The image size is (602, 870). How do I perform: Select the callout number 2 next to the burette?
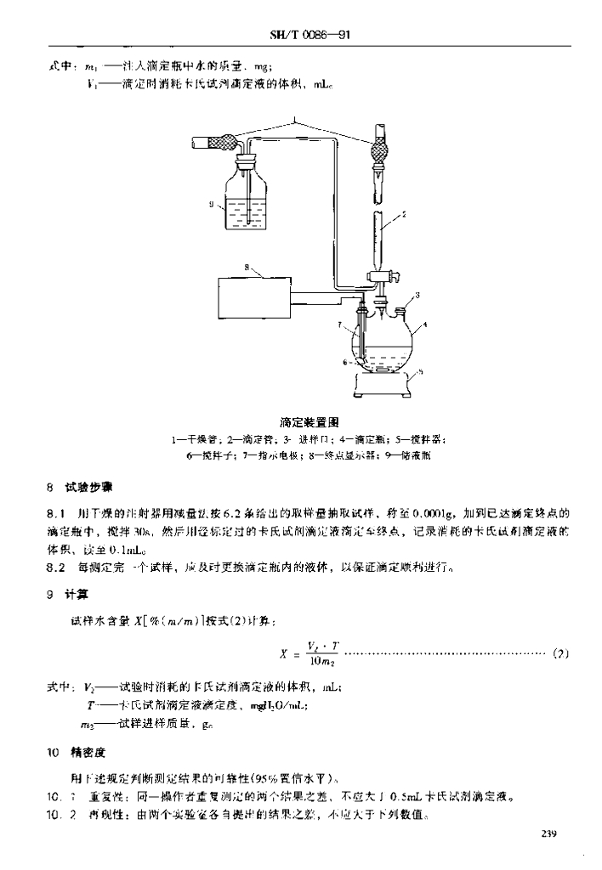(x=403, y=215)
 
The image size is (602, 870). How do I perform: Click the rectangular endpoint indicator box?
(x=251, y=302)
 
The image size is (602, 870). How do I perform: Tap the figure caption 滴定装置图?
(x=310, y=421)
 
